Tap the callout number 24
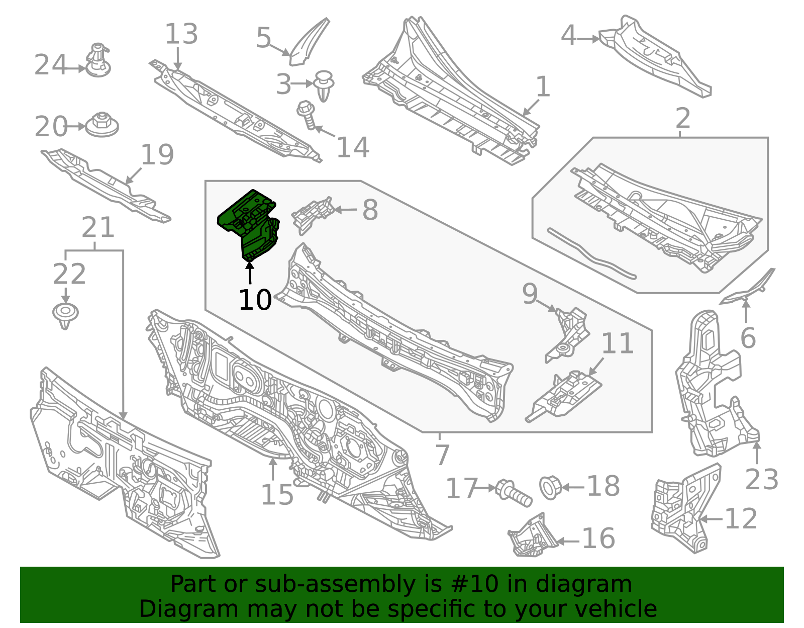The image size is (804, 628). pyautogui.click(x=50, y=65)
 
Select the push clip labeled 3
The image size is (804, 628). pyautogui.click(x=324, y=86)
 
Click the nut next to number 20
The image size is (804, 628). pyautogui.click(x=102, y=125)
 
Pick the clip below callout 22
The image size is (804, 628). pyautogui.click(x=65, y=315)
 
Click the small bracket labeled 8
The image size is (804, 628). pyautogui.click(x=313, y=216)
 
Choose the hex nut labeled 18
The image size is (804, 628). pyautogui.click(x=551, y=488)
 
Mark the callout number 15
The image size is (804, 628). pyautogui.click(x=277, y=495)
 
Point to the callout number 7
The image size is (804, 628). pyautogui.click(x=442, y=455)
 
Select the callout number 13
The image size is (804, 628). pyautogui.click(x=181, y=34)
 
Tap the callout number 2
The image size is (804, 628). pyautogui.click(x=683, y=118)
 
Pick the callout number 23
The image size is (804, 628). pyautogui.click(x=762, y=479)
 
